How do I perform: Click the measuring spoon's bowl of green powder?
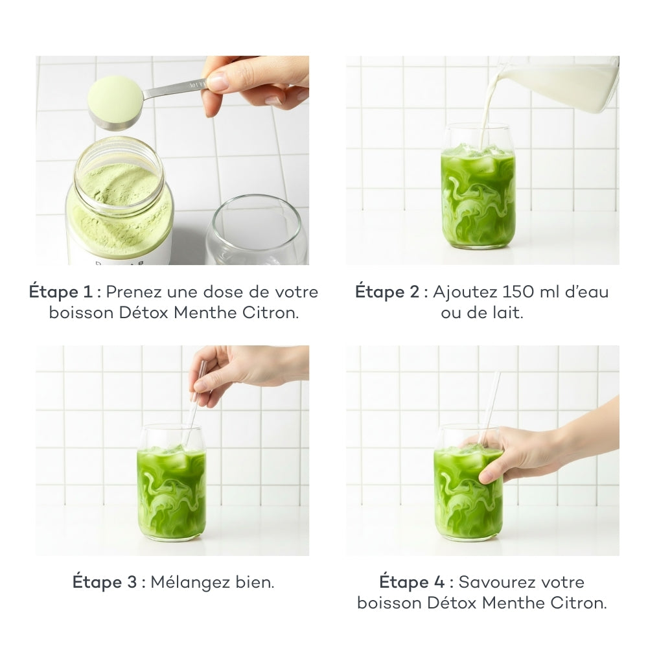pos(115,100)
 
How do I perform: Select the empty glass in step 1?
pos(257,231)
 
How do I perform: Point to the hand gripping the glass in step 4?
pos(525,454)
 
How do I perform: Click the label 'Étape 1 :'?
pos(65,292)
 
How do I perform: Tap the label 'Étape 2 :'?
pos(391,292)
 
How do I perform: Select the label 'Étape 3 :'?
pos(109,581)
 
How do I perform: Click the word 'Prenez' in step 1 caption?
pos(133,292)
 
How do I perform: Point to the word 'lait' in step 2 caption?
pos(508,313)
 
